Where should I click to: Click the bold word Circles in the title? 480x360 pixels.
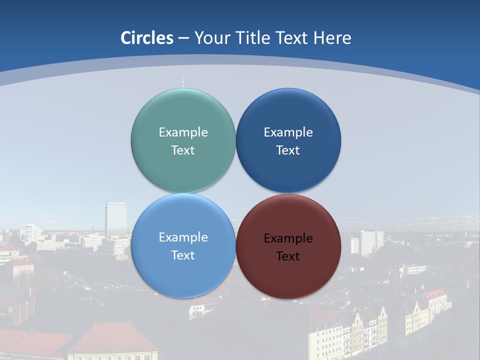coord(147,38)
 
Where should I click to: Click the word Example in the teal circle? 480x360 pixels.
coord(183,132)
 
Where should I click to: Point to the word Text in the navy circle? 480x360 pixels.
coord(288,150)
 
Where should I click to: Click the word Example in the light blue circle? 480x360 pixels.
coord(183,237)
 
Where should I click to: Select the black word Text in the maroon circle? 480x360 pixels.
coord(288,256)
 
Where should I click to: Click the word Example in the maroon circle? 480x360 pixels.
coord(288,238)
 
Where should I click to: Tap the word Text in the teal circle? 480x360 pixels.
coord(183,150)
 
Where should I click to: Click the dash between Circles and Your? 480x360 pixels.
coord(183,38)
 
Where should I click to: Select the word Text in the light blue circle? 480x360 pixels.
coord(183,255)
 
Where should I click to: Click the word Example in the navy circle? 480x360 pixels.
coord(288,132)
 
